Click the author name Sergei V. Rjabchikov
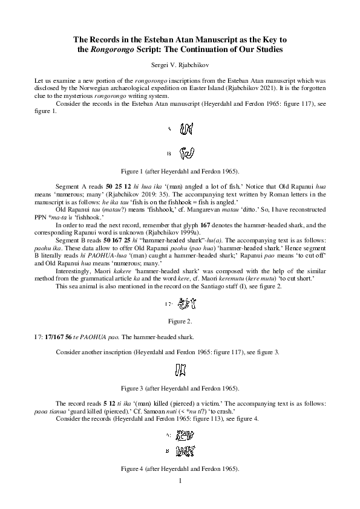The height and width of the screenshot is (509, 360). [180, 63]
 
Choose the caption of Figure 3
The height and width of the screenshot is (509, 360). [180, 387]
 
